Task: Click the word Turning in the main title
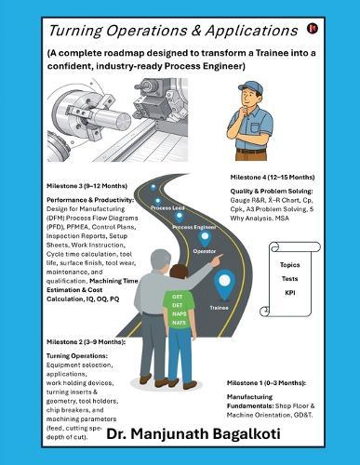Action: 65,31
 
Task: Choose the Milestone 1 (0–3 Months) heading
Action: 271,381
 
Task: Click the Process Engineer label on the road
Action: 193,226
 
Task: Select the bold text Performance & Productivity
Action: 89,200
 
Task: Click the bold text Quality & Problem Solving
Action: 273,192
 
